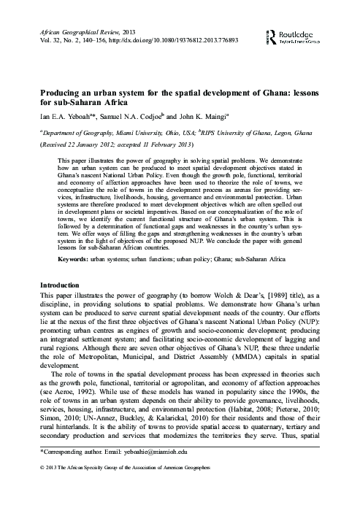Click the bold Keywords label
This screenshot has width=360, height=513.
pyautogui.click(x=73, y=258)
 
